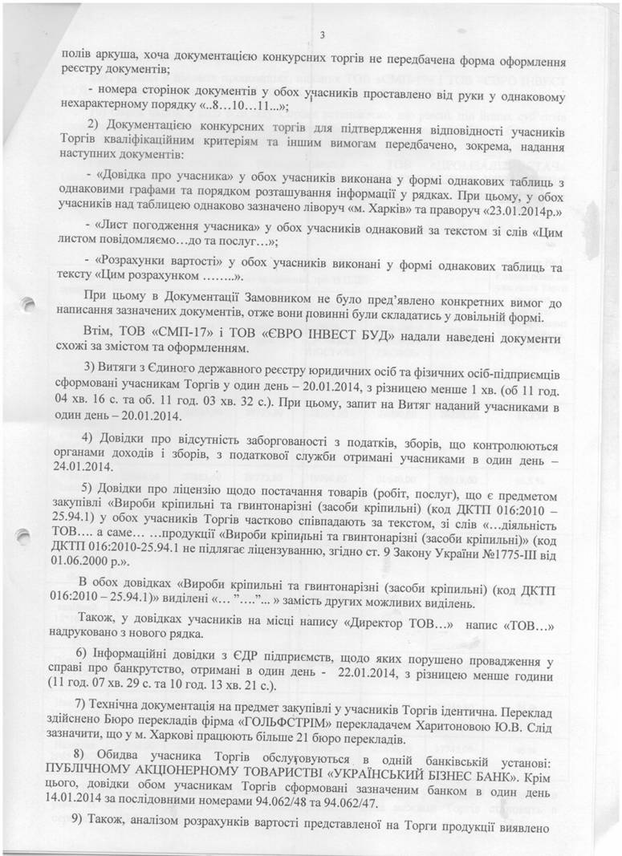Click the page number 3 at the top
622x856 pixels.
tap(321, 34)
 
